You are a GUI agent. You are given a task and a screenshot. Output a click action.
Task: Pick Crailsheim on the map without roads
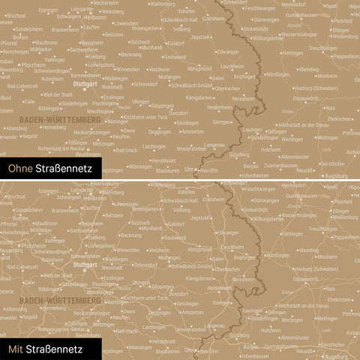tap(213, 18)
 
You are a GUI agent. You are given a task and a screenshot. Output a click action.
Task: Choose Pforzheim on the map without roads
tap(33, 65)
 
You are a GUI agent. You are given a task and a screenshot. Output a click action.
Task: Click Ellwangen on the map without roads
tap(228, 52)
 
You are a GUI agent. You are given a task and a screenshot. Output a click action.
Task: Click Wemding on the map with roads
tap(307, 250)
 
